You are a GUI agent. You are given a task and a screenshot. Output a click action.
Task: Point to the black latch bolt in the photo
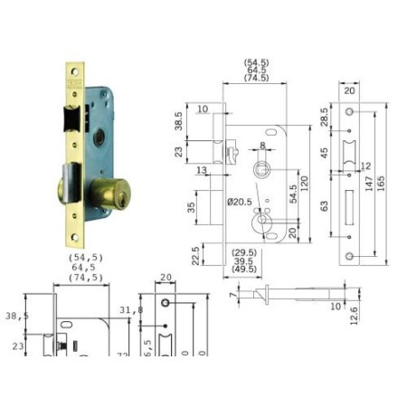70,117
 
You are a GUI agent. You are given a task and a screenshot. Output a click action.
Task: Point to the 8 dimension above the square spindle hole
262,145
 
